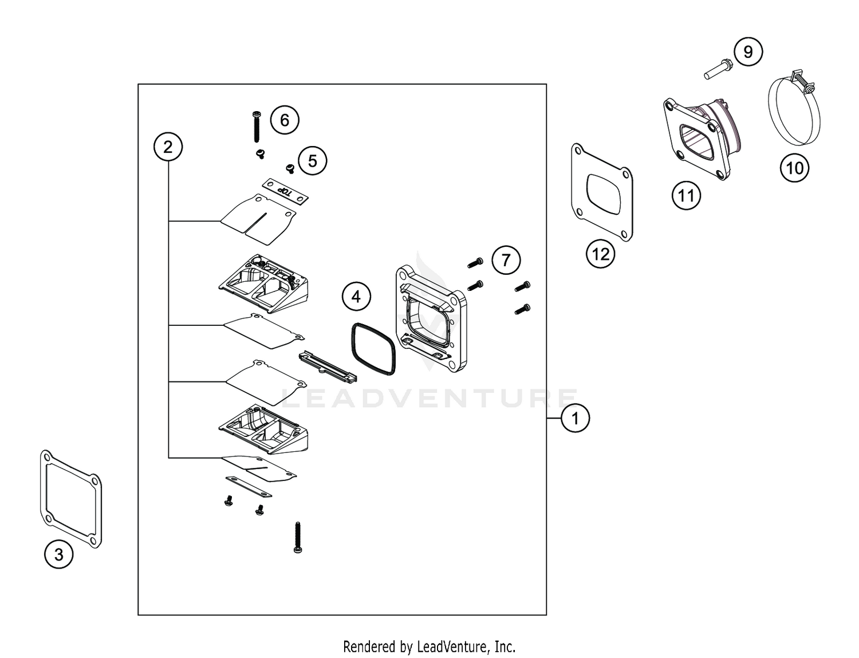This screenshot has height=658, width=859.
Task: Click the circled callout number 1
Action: coord(575,418)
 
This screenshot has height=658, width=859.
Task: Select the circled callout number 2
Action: coord(168,147)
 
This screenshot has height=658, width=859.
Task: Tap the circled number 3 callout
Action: coord(59,554)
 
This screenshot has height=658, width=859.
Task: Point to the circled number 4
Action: coord(356,297)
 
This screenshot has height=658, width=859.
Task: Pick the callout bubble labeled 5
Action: coord(312,161)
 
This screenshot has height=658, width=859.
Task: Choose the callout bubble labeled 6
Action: coord(285,120)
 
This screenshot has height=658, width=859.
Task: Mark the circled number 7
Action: coord(506,261)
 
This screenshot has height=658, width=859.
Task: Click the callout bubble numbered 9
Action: coord(748,52)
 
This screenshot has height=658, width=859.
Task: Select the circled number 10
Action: coord(794,168)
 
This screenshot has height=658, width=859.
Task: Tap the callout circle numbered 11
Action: coord(686,196)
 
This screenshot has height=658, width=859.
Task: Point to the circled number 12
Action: coord(601,254)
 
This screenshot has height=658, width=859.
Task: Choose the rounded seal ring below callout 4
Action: coord(373,349)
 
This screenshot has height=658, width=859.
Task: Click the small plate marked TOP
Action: coord(285,191)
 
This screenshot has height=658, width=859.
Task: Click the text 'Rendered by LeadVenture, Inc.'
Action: coord(429,647)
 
